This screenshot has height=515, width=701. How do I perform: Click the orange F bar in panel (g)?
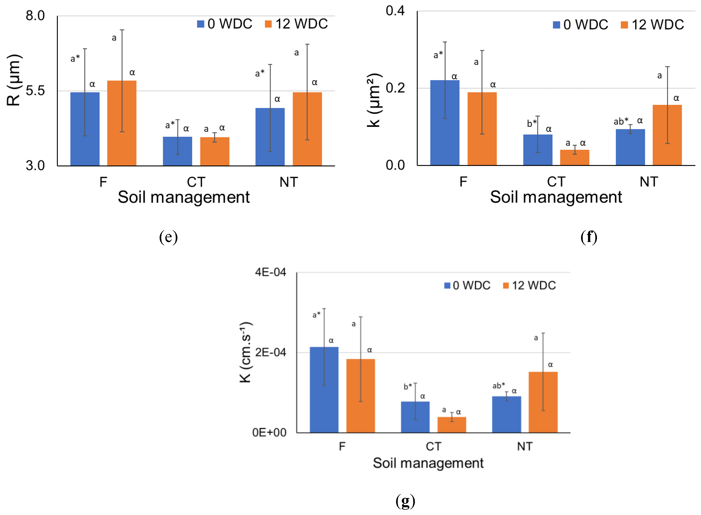361,396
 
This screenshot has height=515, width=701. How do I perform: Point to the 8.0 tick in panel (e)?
35,16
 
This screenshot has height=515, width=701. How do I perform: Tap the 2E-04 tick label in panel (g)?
270,352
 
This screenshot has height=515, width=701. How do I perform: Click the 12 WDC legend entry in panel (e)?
296,24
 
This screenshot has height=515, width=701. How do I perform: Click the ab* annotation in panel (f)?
621,121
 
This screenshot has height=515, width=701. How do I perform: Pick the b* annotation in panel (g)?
407,387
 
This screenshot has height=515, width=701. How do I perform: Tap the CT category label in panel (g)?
433,446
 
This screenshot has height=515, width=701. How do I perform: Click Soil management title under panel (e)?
183,197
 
